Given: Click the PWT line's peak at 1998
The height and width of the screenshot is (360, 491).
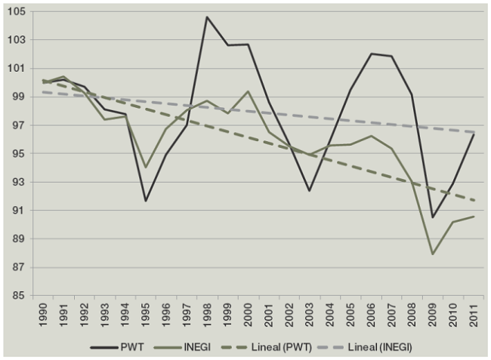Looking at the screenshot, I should click(207, 17).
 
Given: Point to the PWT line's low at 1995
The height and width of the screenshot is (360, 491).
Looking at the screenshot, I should click(145, 201).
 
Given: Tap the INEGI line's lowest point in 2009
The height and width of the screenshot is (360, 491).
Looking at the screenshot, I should click(433, 254).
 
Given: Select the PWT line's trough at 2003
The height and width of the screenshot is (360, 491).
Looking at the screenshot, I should click(310, 191).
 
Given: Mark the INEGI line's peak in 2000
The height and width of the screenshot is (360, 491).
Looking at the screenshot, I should click(248, 91).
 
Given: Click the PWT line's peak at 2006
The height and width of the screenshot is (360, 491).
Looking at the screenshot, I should click(371, 54).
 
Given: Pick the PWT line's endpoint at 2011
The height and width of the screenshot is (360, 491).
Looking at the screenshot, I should click(474, 134).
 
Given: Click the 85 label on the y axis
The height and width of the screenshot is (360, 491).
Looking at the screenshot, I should click(20, 296).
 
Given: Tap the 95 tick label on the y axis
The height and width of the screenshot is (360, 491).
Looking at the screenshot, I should click(20, 154).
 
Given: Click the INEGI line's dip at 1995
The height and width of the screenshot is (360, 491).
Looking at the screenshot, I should click(145, 168).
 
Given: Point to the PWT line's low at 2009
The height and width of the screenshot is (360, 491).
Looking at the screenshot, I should click(433, 217).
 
